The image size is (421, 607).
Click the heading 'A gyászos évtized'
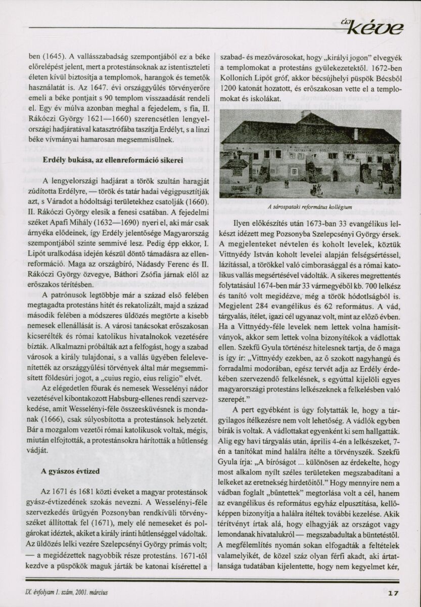click(70, 471)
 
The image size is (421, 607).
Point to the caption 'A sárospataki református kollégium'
click(312, 206)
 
